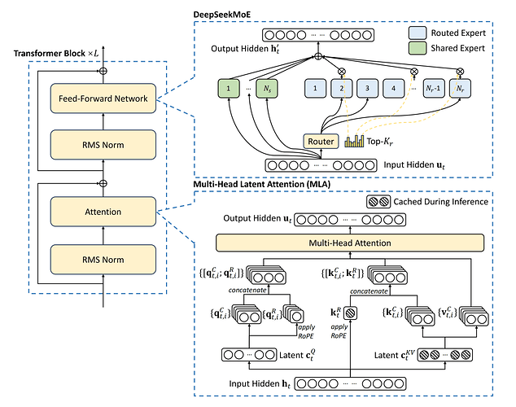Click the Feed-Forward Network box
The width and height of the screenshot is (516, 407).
pyautogui.click(x=103, y=98)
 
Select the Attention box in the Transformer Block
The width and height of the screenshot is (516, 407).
pyautogui.click(x=103, y=212)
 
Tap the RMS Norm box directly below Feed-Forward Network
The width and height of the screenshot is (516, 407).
pyautogui.click(x=103, y=145)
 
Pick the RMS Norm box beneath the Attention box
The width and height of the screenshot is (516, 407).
pyautogui.click(x=103, y=261)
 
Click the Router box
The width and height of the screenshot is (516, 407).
pyautogui.click(x=320, y=141)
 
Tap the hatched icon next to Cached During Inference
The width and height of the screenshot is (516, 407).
pyautogui.click(x=379, y=200)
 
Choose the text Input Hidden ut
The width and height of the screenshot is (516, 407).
pyautogui.click(x=412, y=164)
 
